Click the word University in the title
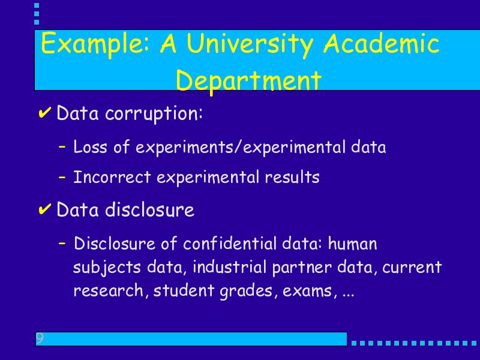250,44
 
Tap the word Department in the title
248,81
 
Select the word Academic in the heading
382,43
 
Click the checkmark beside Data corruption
44,113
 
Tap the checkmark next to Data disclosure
44,209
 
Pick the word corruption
154,114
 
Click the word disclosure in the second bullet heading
149,209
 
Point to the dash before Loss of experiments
62,147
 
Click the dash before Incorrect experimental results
62,177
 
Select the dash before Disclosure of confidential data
62,244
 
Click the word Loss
91,146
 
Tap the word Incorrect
112,177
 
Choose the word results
292,177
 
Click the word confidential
230,244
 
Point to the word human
352,244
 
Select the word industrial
230,267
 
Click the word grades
247,291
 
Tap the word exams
308,291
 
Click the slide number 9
40,338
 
